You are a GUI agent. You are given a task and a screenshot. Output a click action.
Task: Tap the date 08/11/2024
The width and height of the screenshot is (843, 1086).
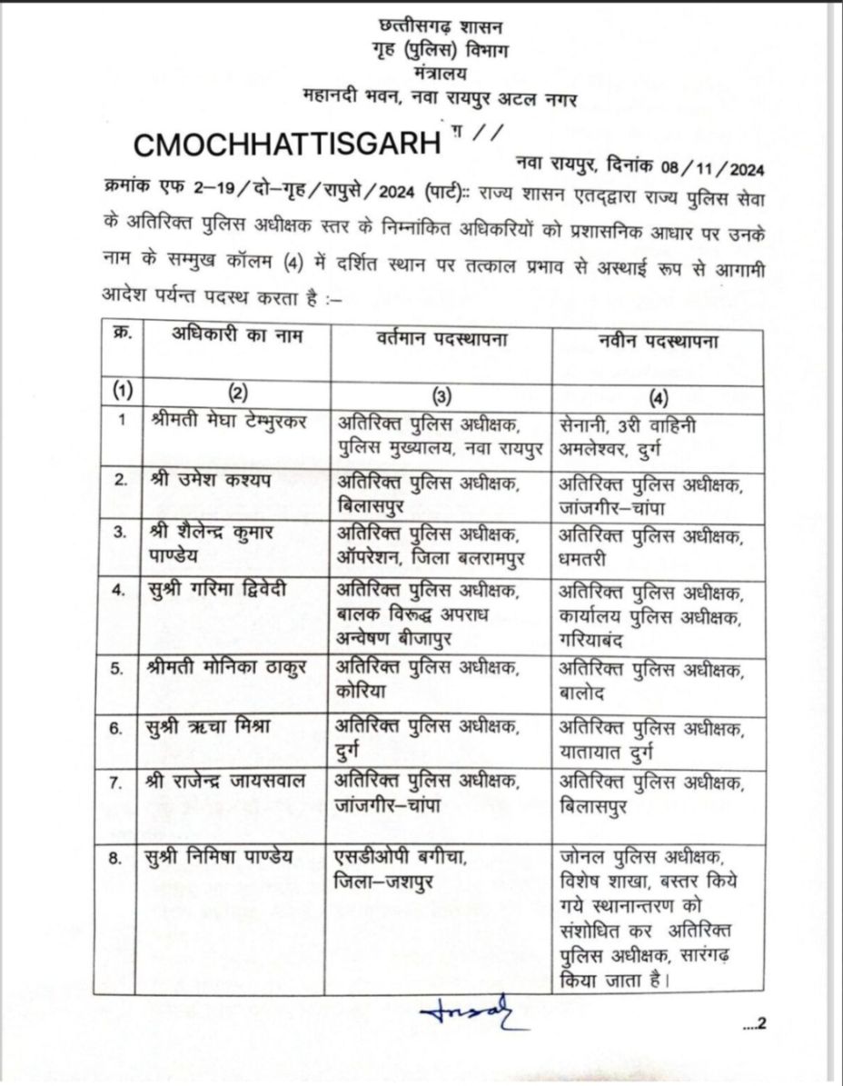point(705,167)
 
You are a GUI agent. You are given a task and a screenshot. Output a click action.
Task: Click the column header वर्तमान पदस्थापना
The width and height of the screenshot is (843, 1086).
point(441,338)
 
